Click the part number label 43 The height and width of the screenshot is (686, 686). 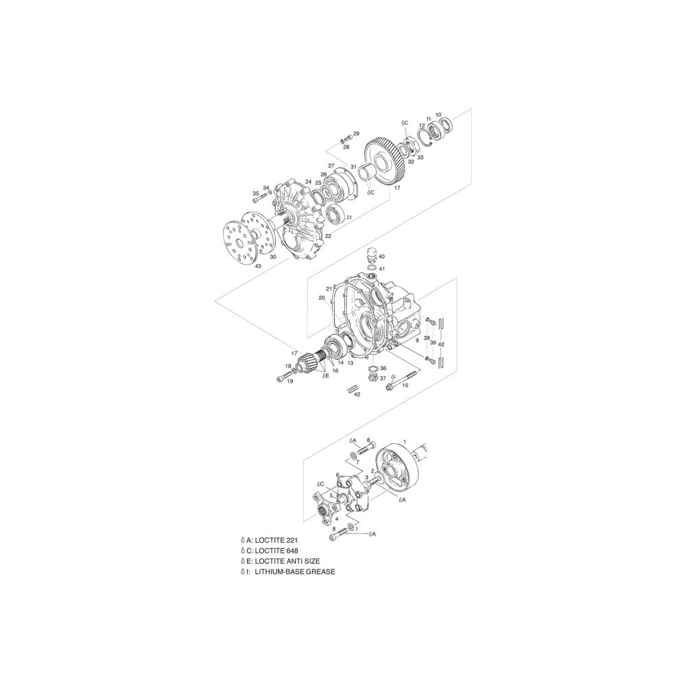coord(258,266)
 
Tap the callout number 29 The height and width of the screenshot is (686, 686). coord(356,133)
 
